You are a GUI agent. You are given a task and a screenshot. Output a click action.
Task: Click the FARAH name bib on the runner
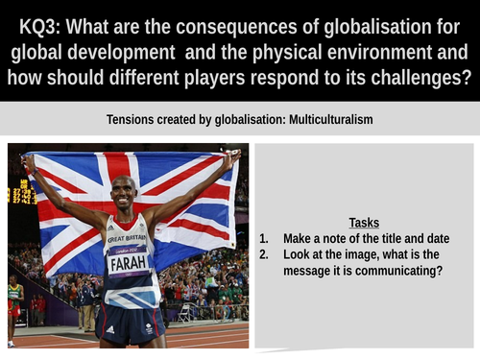128,259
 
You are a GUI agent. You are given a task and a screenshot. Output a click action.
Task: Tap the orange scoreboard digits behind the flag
20,193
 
